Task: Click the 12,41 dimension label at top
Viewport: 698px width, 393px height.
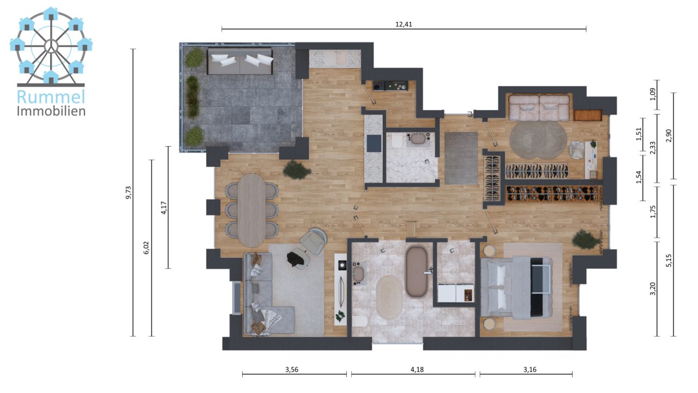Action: [404, 23]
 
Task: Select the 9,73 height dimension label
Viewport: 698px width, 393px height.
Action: [129, 193]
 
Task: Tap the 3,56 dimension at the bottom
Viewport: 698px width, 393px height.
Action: [292, 369]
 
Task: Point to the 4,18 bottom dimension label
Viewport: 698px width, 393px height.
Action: [417, 369]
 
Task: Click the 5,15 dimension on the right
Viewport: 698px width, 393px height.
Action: [669, 261]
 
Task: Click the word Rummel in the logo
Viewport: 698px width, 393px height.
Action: [51, 97]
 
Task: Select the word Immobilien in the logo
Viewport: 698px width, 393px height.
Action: [51, 111]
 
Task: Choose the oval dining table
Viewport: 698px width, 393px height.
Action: [251, 208]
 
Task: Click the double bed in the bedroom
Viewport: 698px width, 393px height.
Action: [515, 287]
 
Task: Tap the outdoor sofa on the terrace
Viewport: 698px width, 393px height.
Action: [240, 61]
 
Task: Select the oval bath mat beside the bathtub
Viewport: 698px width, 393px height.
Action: [388, 297]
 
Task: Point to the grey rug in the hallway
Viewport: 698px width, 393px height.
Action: [461, 158]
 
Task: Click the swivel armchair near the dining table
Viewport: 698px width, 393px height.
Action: [313, 241]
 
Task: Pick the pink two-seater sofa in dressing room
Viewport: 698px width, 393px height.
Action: [539, 107]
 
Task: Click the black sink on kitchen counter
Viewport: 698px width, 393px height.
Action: [374, 143]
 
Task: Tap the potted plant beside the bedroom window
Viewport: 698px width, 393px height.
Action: [585, 239]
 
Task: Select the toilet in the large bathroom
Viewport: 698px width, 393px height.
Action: [359, 321]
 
